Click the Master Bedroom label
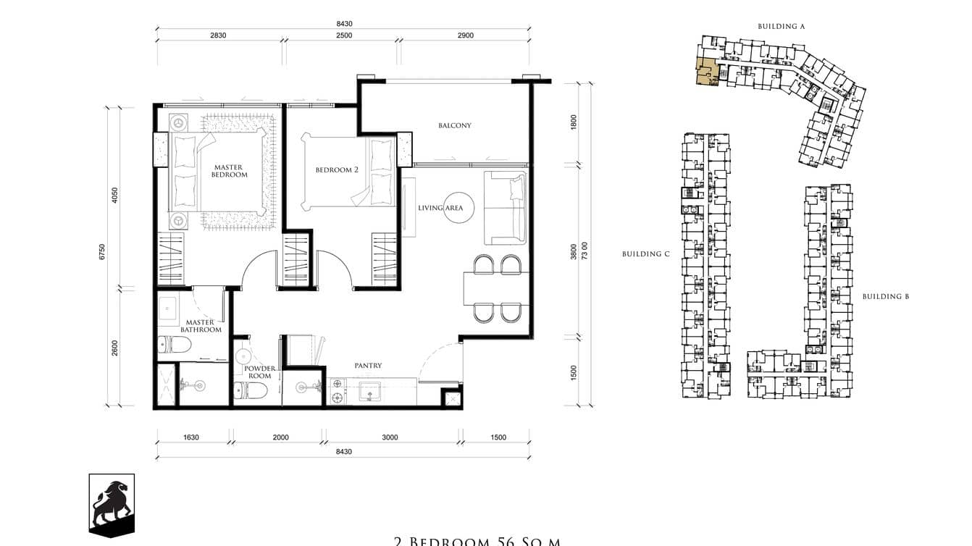(228, 171)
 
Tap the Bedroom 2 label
(337, 170)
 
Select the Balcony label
(454, 125)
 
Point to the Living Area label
(440, 208)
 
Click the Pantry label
(368, 366)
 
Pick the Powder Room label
(259, 372)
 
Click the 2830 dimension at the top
(218, 35)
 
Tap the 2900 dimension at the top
(466, 35)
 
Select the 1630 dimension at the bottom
(190, 437)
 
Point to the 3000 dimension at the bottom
(390, 437)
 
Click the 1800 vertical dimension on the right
(574, 122)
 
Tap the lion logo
(112, 505)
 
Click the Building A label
(782, 26)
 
